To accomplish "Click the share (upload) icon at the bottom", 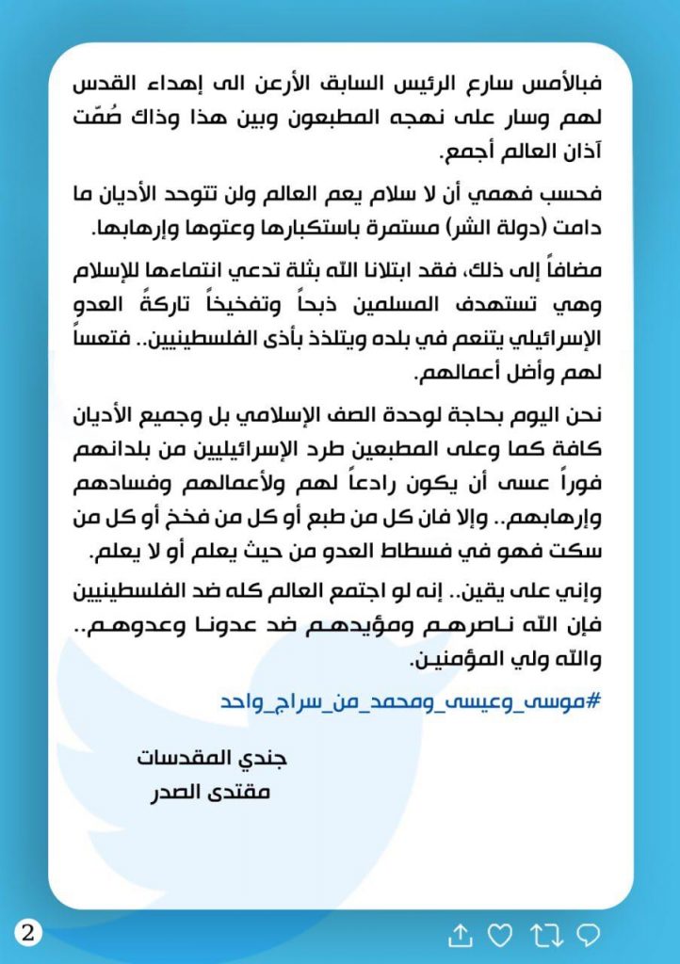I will coord(460,934).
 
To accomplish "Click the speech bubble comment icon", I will coord(589,934).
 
